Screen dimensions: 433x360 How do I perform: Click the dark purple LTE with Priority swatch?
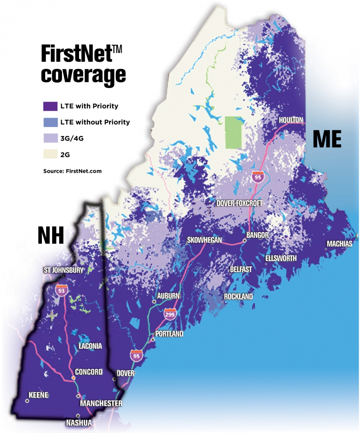(x=50, y=106)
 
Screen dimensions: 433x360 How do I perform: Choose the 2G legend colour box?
(x=50, y=155)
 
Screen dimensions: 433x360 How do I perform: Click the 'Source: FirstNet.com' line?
(x=72, y=171)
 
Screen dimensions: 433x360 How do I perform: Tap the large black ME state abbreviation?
(x=327, y=139)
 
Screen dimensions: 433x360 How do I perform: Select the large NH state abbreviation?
(x=51, y=236)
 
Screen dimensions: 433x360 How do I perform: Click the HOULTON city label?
(x=291, y=120)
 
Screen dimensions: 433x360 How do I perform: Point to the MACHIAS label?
(x=339, y=244)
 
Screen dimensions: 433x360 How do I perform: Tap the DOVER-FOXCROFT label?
(x=239, y=204)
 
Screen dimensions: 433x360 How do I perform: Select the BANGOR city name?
(x=257, y=235)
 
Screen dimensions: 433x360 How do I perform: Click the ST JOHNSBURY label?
(x=63, y=270)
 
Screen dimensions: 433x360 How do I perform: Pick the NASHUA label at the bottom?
(x=79, y=423)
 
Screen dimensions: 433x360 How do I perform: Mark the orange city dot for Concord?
(x=73, y=377)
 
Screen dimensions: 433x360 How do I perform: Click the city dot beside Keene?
(x=27, y=401)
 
